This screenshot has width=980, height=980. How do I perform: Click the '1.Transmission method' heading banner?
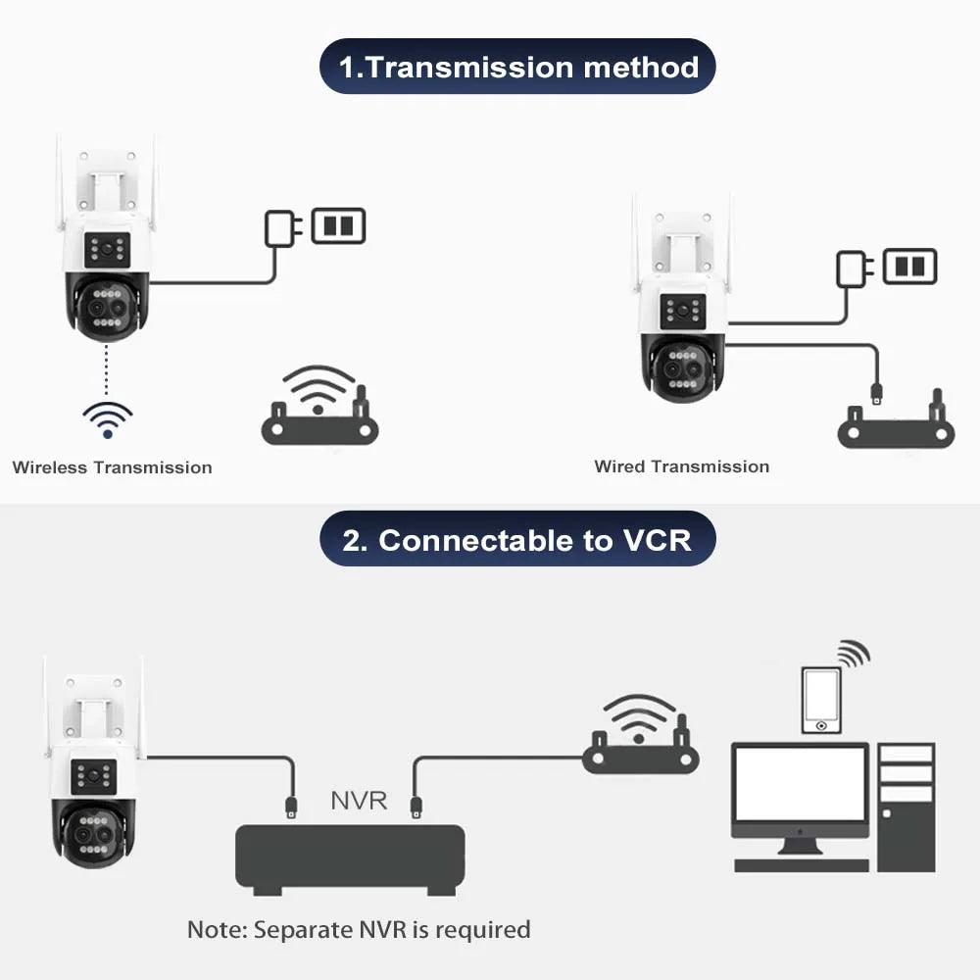517,67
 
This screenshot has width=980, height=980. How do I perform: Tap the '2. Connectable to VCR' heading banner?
517,540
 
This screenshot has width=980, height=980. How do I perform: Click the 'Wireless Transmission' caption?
112,467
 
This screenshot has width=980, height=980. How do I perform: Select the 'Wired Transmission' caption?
681,466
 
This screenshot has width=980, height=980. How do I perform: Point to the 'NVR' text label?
359,801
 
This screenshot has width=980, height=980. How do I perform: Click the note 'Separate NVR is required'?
359,929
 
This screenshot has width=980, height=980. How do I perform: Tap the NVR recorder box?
349,857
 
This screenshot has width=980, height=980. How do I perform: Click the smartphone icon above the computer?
820,699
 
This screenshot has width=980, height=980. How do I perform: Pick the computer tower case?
906,806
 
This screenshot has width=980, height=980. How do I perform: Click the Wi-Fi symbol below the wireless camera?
107,418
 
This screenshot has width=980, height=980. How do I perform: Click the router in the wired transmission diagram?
896,423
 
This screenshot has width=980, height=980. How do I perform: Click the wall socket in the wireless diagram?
338,225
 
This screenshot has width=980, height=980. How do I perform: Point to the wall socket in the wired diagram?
909,267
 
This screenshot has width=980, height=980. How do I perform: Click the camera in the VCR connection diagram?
93,774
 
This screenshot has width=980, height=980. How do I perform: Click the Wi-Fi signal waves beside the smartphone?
853,653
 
